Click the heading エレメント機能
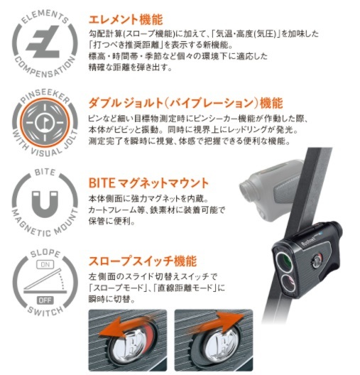tap(121, 17)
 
